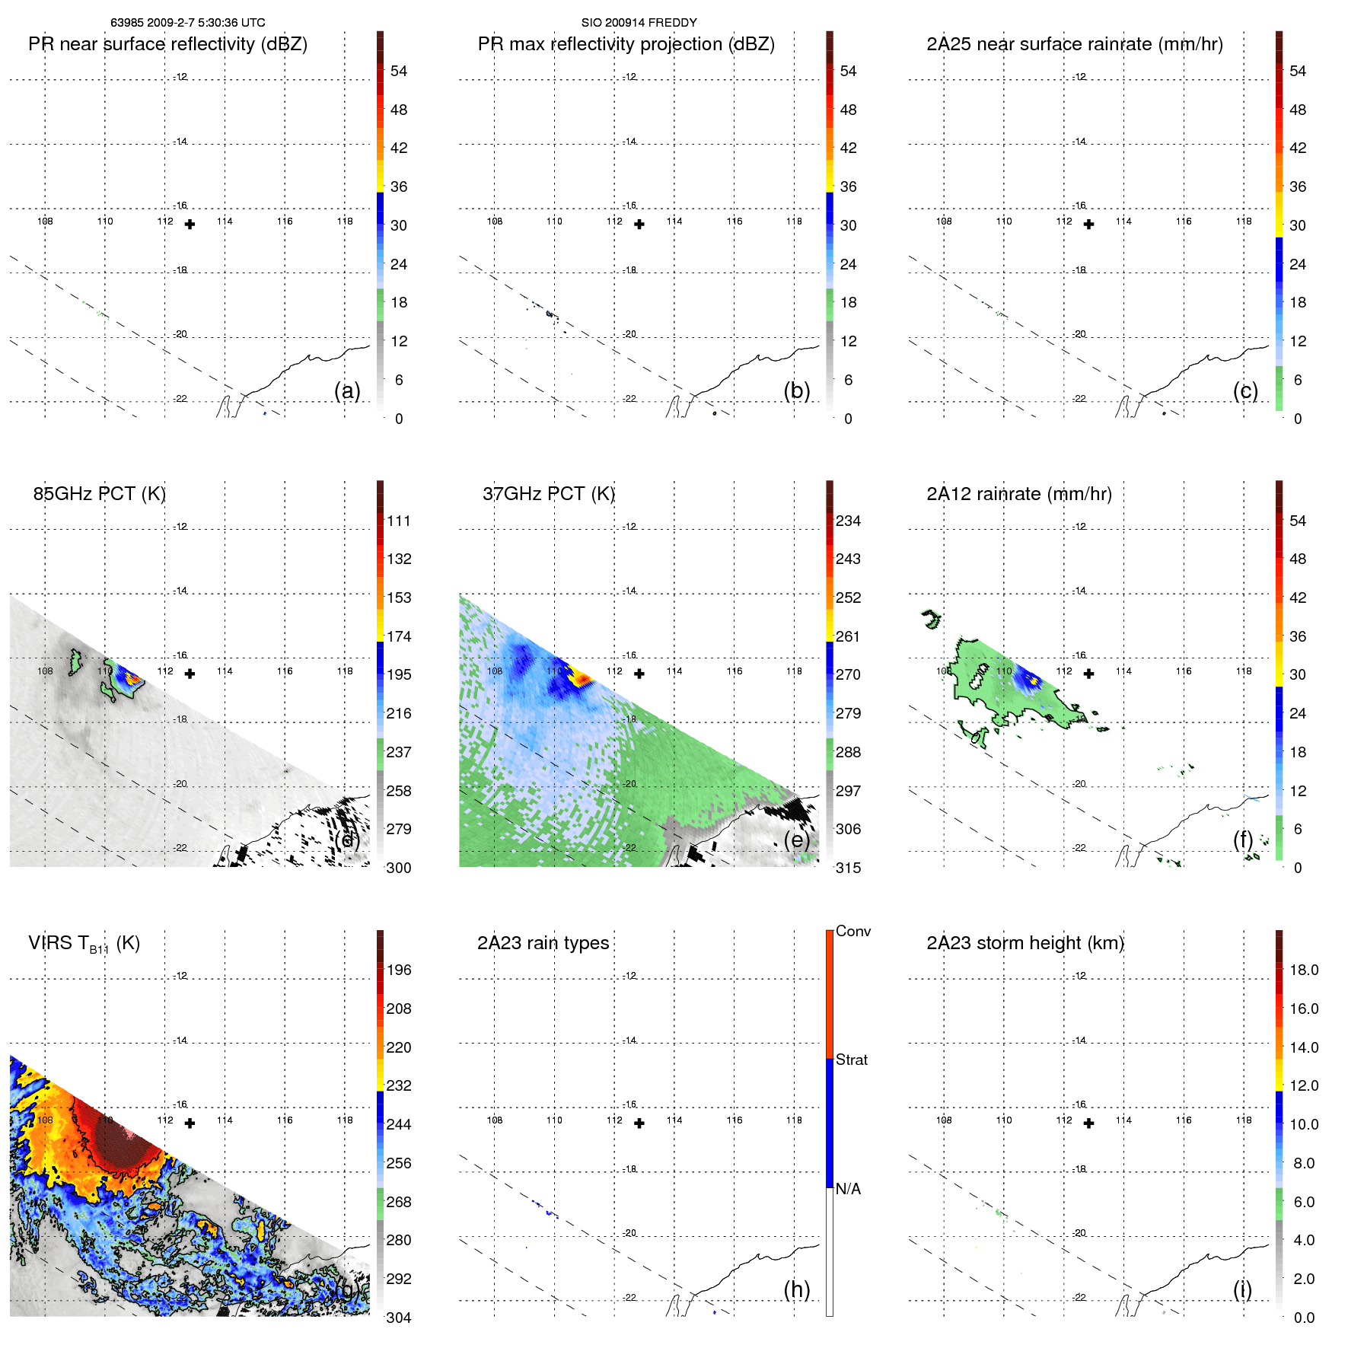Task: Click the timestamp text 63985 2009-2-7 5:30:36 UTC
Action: (188, 23)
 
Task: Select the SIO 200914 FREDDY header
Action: (639, 23)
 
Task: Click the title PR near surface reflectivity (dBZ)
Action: (167, 44)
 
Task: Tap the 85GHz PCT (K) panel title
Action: (99, 494)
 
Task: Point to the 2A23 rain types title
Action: (543, 943)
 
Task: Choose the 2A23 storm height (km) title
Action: (1025, 943)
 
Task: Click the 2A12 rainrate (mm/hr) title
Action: (1018, 494)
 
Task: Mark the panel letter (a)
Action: (347, 390)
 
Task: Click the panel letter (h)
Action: (796, 1289)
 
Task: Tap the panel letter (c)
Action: (1245, 390)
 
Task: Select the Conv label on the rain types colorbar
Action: (852, 931)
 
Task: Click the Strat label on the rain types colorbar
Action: (851, 1060)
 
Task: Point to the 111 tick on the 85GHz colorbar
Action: (399, 521)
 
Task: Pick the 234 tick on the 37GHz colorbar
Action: (848, 521)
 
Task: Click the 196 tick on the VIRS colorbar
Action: (399, 970)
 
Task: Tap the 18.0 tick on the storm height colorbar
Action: (1303, 970)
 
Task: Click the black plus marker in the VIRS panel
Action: (190, 1123)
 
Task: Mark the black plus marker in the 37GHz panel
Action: (639, 674)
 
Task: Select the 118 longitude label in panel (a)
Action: (345, 221)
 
